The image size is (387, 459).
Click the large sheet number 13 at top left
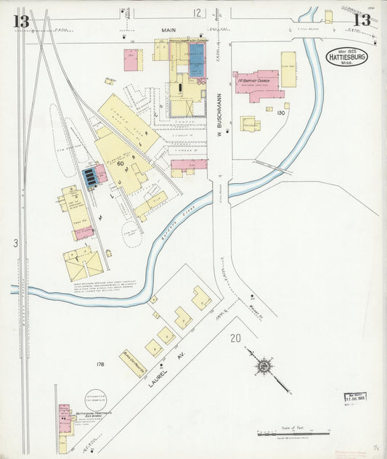coord(20,20)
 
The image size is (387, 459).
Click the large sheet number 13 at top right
coord(362,20)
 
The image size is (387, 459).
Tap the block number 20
coord(235,338)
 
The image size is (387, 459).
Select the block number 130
coord(281,112)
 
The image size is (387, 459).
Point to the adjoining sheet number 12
coord(197,12)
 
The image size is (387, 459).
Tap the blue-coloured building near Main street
coord(197,68)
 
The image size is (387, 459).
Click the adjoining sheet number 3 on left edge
coord(15,243)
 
